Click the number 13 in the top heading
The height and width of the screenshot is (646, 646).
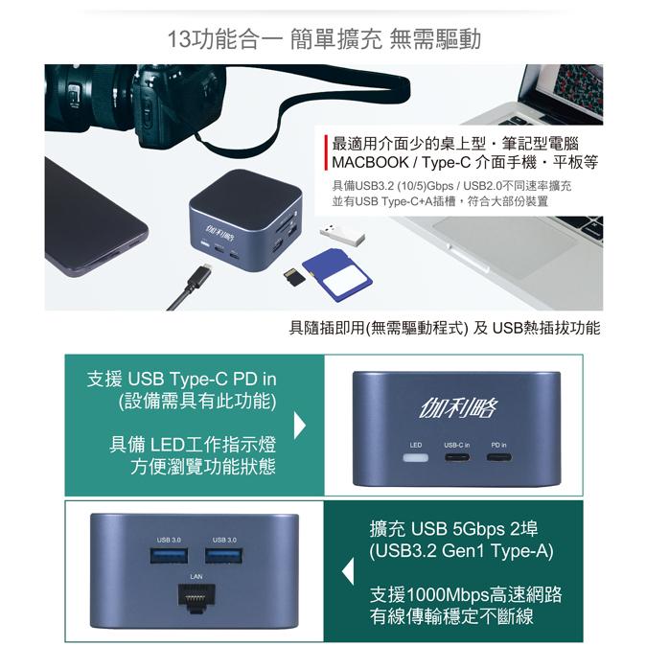[x=178, y=39]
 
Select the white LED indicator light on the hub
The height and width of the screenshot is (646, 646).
[x=416, y=457]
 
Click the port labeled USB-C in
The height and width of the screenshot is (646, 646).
[x=457, y=457]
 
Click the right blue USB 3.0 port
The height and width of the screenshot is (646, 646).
[x=224, y=558]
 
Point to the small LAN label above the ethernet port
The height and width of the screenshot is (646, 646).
[x=196, y=577]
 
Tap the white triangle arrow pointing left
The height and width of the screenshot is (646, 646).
[x=349, y=574]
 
